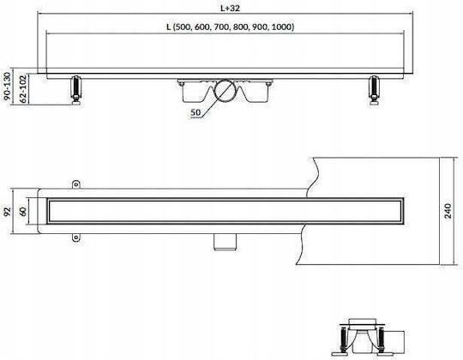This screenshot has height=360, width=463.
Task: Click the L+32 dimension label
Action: click(231, 8)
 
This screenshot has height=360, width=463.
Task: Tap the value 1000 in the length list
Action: click(281, 27)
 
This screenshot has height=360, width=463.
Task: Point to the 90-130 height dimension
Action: click(7, 87)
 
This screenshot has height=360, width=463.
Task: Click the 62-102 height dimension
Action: click(23, 89)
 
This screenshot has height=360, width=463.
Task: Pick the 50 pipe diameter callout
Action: click(195, 112)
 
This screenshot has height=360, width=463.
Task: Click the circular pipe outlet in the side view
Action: click(225, 91)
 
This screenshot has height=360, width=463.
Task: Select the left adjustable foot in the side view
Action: click(76, 90)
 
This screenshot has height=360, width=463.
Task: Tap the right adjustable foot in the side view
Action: click(375, 90)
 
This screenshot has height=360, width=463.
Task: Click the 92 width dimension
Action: click(7, 212)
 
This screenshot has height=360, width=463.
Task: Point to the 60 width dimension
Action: click(23, 211)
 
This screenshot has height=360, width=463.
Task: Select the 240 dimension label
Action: click(448, 211)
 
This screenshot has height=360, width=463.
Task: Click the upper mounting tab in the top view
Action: click(76, 184)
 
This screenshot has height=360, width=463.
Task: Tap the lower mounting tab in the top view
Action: click(76, 237)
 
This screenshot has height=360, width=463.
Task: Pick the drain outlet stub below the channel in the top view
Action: click(225, 243)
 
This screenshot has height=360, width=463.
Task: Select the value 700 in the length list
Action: click(222, 27)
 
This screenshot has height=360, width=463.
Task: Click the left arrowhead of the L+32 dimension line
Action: click(39, 13)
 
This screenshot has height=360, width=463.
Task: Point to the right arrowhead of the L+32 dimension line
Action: click(411, 13)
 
